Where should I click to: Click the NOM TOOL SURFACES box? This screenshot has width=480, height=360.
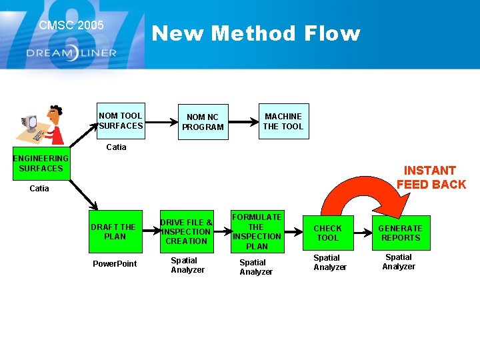(120, 121)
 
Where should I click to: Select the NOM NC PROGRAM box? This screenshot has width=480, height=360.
(203, 121)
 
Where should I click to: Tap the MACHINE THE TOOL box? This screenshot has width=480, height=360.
(283, 121)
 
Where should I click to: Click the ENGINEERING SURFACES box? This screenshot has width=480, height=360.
(40, 163)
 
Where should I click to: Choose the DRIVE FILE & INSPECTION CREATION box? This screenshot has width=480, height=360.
(186, 231)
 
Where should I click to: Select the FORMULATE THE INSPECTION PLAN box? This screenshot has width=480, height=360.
(257, 231)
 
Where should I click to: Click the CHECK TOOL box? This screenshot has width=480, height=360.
(327, 233)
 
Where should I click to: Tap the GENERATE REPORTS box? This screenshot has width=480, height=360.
(400, 233)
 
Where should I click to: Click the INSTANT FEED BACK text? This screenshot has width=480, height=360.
(431, 177)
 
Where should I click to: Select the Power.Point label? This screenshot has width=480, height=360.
(115, 264)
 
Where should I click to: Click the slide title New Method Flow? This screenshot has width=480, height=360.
(256, 33)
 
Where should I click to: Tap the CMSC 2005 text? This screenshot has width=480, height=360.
(71, 25)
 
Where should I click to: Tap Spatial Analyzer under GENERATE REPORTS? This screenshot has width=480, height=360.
(399, 262)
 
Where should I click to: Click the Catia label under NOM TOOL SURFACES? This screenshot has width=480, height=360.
(116, 147)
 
